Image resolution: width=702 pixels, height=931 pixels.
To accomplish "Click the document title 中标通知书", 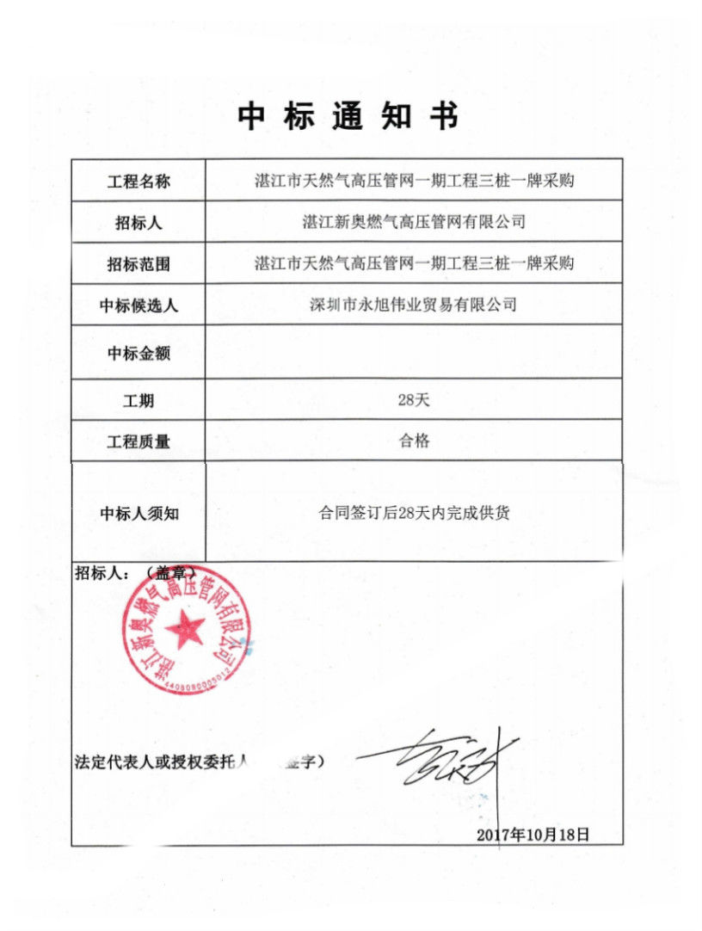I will (x=348, y=118).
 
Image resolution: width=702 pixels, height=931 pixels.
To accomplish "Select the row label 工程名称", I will (x=139, y=182).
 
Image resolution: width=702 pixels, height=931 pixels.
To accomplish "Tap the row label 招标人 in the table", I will (x=139, y=224).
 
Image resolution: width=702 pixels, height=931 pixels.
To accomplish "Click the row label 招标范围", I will (x=139, y=265).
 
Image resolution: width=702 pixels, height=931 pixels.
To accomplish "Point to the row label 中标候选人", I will (x=139, y=306).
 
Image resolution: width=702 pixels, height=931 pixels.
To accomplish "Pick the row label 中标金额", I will (x=139, y=354).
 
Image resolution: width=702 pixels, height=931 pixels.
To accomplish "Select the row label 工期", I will (x=139, y=401).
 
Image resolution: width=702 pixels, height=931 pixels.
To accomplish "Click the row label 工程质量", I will (x=139, y=442).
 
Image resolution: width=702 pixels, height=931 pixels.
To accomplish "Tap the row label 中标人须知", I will (x=139, y=515).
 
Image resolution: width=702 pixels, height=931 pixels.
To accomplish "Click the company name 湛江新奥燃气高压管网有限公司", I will (x=414, y=222).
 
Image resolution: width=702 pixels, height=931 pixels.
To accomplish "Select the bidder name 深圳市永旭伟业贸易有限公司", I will (x=414, y=305).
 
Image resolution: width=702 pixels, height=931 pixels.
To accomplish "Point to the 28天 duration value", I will (x=414, y=398).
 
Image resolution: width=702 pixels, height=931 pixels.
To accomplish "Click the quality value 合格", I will (x=414, y=441).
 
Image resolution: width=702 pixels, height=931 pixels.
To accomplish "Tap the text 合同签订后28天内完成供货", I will (x=414, y=514).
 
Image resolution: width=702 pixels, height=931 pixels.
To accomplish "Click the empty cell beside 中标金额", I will (x=414, y=353).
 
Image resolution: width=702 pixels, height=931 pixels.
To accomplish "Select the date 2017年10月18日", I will (x=533, y=834).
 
